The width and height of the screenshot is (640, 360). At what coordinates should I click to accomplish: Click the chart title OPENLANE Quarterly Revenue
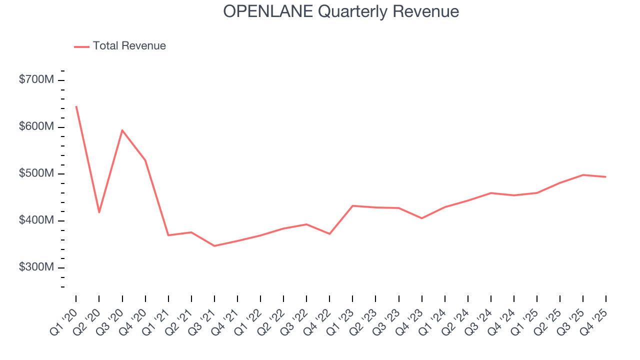pos(341,11)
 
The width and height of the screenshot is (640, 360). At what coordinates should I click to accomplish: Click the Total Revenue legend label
pos(129,46)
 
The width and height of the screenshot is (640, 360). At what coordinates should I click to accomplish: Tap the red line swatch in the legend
pos(81,46)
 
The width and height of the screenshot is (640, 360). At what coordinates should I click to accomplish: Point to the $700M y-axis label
pos(35,80)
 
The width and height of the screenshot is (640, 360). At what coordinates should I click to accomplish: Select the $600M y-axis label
pos(35,127)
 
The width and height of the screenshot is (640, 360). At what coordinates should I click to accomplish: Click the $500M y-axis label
pos(35,174)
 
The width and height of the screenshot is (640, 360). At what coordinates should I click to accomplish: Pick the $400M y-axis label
pos(35,221)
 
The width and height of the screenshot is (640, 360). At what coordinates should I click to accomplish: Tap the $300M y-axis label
pos(35,267)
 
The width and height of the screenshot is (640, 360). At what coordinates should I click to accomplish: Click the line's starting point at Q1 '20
pos(76,106)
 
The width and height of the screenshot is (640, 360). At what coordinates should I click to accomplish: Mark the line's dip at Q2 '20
pos(99,212)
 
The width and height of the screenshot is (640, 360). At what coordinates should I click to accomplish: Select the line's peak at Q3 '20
pos(122,130)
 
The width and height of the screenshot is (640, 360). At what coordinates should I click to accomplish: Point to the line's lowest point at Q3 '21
pos(214,246)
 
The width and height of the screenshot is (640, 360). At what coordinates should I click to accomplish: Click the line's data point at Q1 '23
pos(353,205)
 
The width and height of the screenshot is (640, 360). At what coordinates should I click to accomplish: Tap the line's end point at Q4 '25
pos(606,176)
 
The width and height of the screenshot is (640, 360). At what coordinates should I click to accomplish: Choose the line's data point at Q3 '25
pos(583,175)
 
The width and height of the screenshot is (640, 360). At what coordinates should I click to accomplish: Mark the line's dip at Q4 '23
pos(422,218)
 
